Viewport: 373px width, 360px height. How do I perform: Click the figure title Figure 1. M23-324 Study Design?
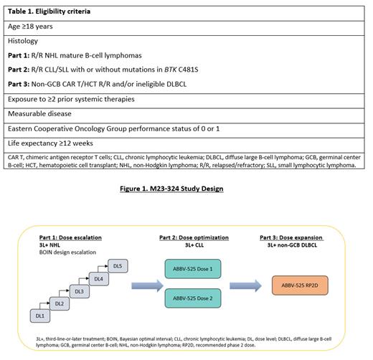click(x=186, y=189)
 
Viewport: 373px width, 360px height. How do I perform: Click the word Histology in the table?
click(x=24, y=42)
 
